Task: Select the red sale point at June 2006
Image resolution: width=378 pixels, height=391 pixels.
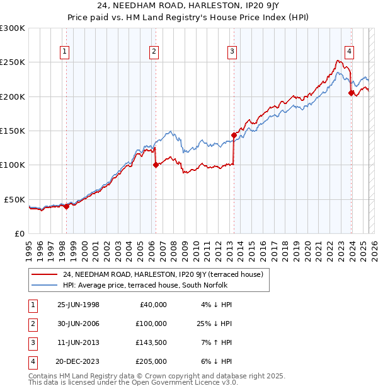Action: coord(156,165)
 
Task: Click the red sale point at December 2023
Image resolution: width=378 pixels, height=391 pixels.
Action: coord(350,93)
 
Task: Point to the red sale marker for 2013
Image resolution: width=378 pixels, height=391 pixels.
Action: coord(233,135)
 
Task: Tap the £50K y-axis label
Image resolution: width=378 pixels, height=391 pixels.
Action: coord(14,199)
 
